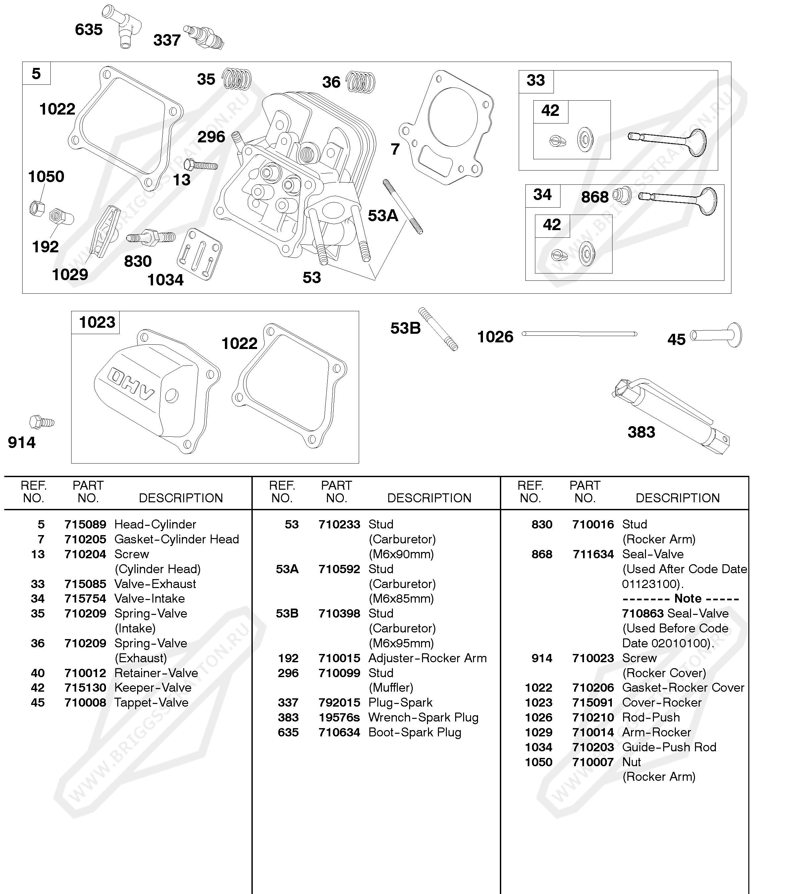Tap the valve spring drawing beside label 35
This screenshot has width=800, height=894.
point(237,79)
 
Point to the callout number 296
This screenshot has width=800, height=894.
point(211,137)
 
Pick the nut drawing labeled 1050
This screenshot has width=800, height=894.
point(37,208)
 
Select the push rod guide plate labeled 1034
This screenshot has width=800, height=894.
point(199,254)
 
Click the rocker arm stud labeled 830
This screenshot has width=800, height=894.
point(151,238)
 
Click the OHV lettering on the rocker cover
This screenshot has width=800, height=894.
point(132,383)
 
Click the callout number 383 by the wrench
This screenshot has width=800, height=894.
point(641,432)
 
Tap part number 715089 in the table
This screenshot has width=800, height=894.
point(85,524)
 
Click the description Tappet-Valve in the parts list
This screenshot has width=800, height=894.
point(151,703)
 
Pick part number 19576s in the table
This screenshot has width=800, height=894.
point(339,718)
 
